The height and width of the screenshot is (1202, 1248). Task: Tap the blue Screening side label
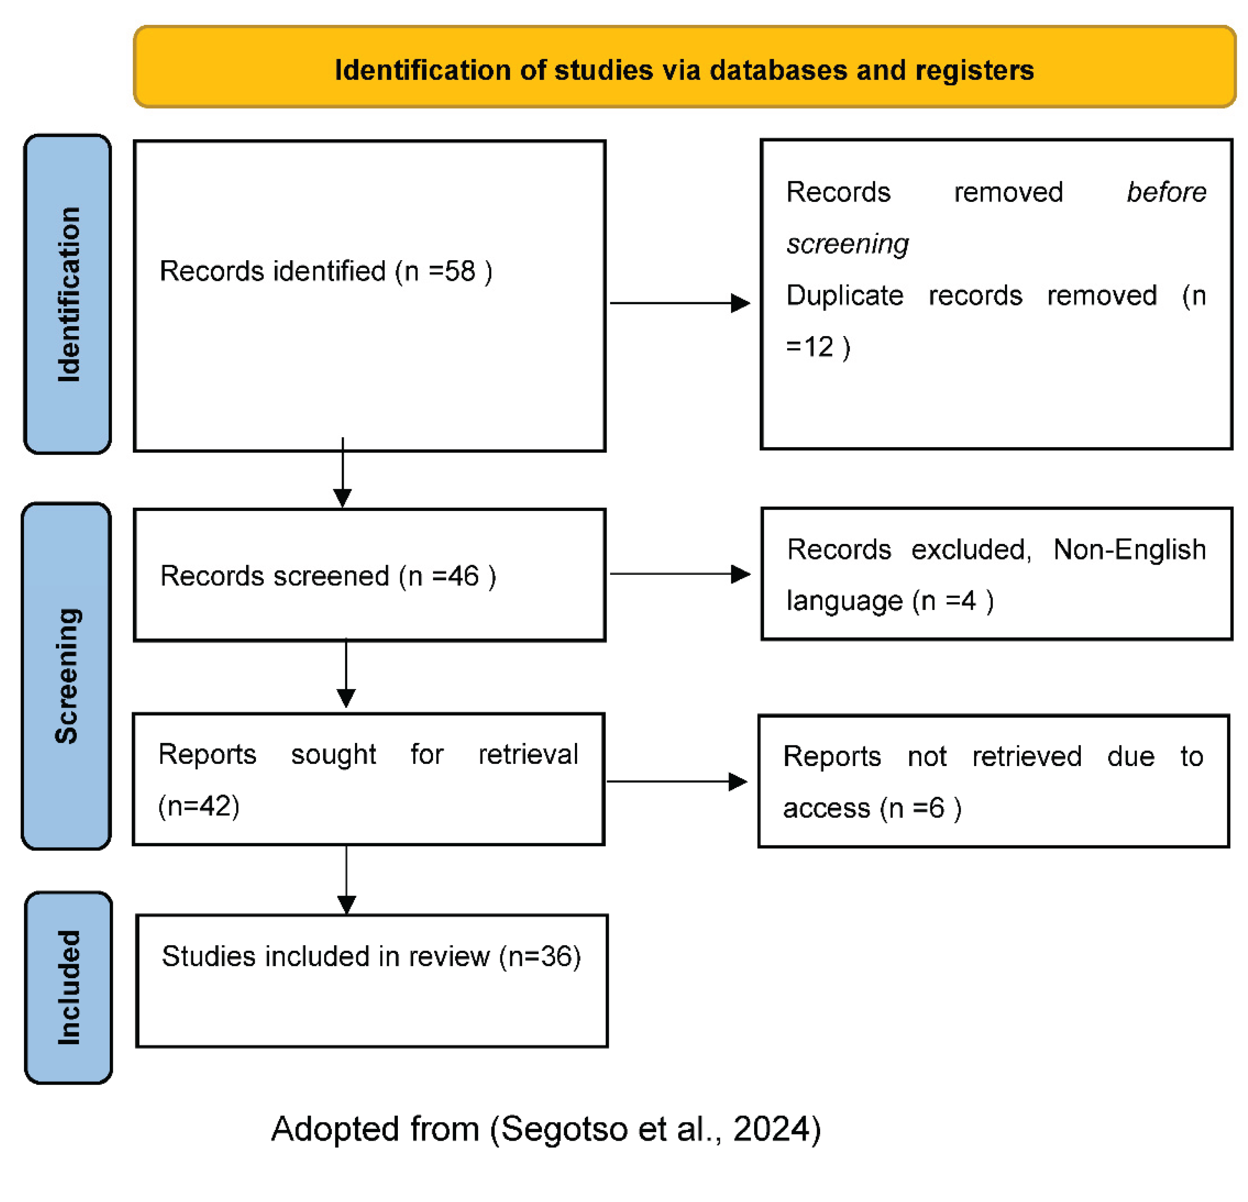66,676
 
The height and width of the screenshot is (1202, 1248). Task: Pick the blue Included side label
69,987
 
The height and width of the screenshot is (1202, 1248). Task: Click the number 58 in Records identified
459,271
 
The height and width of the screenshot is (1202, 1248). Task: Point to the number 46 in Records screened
463,576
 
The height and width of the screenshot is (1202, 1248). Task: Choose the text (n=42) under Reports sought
198,806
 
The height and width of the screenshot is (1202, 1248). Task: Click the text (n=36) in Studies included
540,957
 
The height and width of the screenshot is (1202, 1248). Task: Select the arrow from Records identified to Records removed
680,303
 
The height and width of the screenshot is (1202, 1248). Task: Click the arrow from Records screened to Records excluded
680,574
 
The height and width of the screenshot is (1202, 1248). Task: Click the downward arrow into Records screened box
343,474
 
